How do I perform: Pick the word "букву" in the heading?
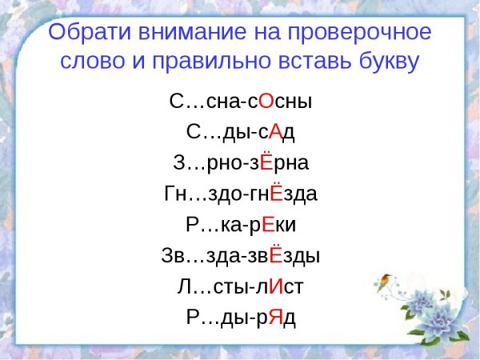tap(386, 62)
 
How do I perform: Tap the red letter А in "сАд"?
tap(274, 132)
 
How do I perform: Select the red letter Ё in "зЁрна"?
tap(268, 162)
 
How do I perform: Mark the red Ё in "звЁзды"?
tap(276, 255)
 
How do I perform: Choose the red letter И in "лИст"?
tap(274, 286)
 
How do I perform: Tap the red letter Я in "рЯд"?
tap(274, 317)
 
